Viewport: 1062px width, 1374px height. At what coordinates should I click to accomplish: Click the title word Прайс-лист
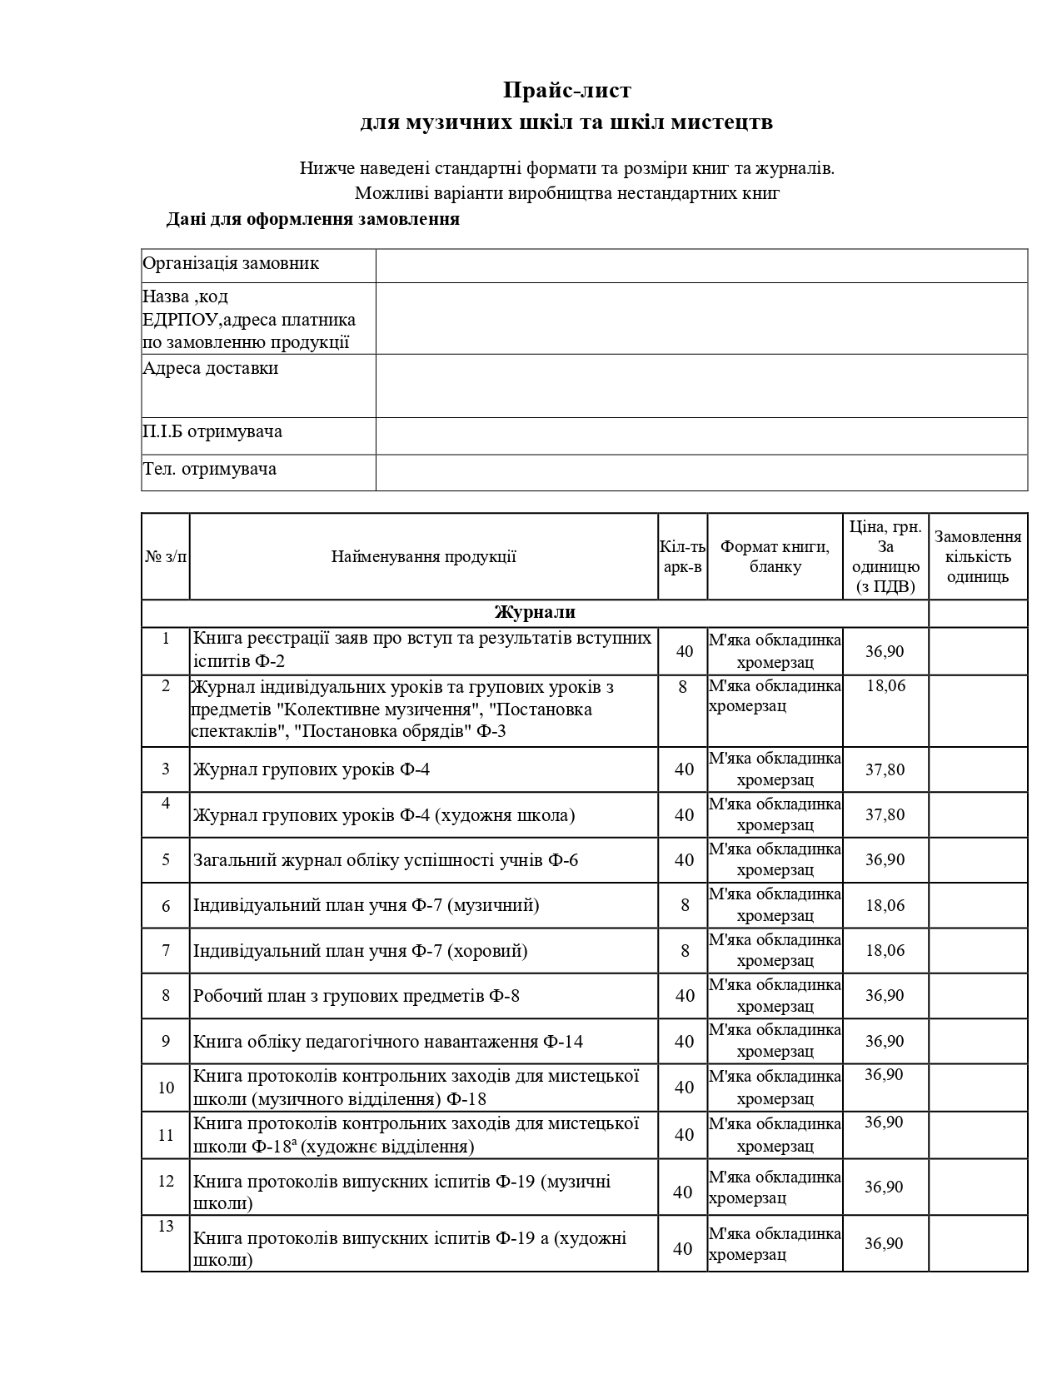pyautogui.click(x=566, y=90)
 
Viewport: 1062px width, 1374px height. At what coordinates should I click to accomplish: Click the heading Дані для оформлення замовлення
pyautogui.click(x=313, y=220)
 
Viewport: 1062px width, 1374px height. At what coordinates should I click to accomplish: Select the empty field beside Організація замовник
pyautogui.click(x=701, y=266)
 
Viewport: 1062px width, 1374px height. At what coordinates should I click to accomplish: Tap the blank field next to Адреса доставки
pyautogui.click(x=701, y=386)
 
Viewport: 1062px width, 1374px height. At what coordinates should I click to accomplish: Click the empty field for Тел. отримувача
pyautogui.click(x=701, y=472)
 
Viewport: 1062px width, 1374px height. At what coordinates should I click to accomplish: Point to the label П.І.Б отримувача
pyautogui.click(x=212, y=431)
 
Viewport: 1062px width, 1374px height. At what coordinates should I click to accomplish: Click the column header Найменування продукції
pyautogui.click(x=423, y=556)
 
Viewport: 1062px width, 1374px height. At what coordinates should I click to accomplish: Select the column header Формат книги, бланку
pyautogui.click(x=775, y=556)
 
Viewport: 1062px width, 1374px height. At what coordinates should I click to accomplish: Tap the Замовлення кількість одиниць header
pyautogui.click(x=978, y=556)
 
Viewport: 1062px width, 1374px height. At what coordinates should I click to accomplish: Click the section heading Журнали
pyautogui.click(x=535, y=613)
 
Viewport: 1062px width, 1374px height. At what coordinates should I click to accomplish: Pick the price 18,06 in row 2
pyautogui.click(x=885, y=686)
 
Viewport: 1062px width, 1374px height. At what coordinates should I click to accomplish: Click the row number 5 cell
pyautogui.click(x=165, y=859)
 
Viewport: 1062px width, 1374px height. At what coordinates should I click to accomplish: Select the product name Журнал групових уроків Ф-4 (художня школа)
pyautogui.click(x=384, y=815)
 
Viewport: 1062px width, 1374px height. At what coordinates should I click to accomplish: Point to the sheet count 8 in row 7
pyautogui.click(x=685, y=950)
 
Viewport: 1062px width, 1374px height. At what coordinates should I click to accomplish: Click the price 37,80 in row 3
pyautogui.click(x=885, y=769)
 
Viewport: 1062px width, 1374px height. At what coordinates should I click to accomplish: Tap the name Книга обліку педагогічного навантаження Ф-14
pyautogui.click(x=388, y=1042)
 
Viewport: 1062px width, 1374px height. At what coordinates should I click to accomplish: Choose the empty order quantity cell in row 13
pyautogui.click(x=978, y=1243)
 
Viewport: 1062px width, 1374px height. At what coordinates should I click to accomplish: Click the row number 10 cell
pyautogui.click(x=165, y=1088)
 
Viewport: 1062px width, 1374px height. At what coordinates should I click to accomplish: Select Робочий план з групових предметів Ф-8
pyautogui.click(x=356, y=996)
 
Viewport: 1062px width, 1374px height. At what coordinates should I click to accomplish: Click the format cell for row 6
pyautogui.click(x=775, y=905)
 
